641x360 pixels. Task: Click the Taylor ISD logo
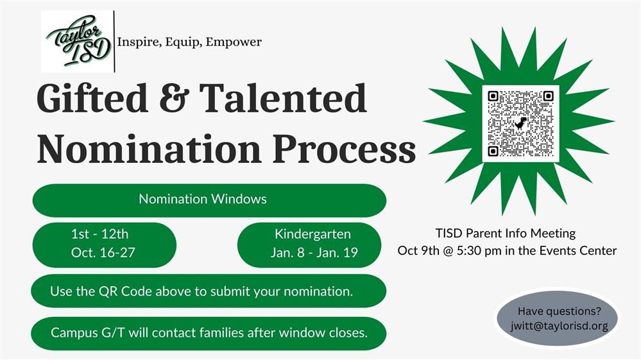point(78,41)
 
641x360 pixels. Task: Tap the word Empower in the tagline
point(234,42)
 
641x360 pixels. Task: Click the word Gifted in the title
point(92,98)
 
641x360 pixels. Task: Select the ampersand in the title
point(174,98)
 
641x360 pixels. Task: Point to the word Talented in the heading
point(283,98)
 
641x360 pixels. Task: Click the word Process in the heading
point(344,149)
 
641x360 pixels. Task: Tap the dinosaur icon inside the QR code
point(520,123)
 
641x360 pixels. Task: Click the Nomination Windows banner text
point(203,199)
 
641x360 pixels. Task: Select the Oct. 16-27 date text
point(103,253)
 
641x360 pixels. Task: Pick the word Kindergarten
point(312,234)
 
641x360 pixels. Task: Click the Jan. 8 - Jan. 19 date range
point(314,253)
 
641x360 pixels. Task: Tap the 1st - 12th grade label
point(99,234)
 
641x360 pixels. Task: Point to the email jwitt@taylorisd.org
point(559,326)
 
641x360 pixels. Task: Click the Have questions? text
point(560,311)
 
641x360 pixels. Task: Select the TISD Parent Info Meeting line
point(505,234)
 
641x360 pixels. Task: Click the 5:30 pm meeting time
point(479,250)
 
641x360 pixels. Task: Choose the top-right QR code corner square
point(548,96)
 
